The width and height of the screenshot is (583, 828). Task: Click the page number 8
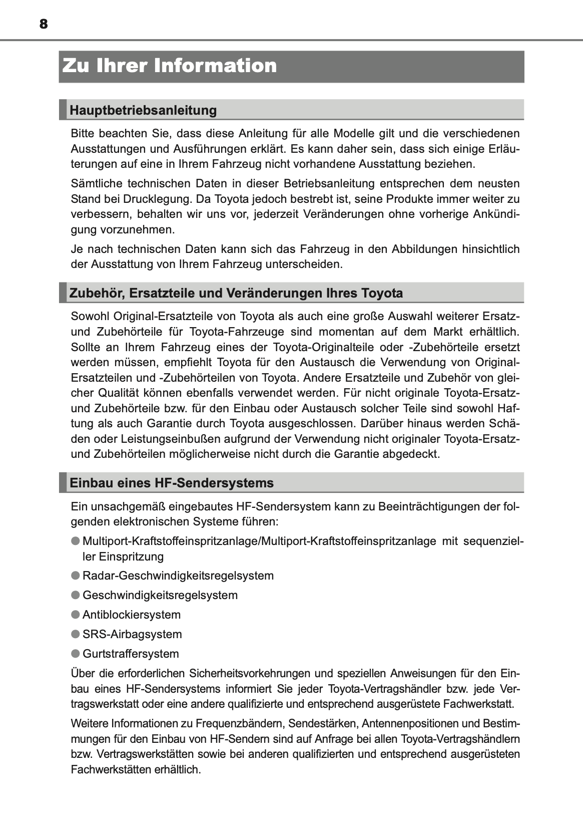[x=43, y=24]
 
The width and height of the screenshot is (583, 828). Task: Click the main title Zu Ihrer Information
[x=169, y=66]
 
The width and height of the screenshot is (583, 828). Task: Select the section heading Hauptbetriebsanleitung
[x=143, y=110]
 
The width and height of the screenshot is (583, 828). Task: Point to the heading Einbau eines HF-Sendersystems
[x=172, y=483]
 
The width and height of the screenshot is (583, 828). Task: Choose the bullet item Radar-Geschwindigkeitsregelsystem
[x=178, y=576]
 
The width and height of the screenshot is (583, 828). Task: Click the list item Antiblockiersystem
[x=131, y=615]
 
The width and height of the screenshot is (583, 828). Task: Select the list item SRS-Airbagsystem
[x=132, y=634]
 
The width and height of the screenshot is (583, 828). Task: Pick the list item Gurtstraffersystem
[x=130, y=654]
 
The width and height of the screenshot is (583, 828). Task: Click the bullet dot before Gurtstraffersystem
[x=75, y=653]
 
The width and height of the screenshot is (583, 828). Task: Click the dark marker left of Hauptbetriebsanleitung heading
[x=63, y=110]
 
